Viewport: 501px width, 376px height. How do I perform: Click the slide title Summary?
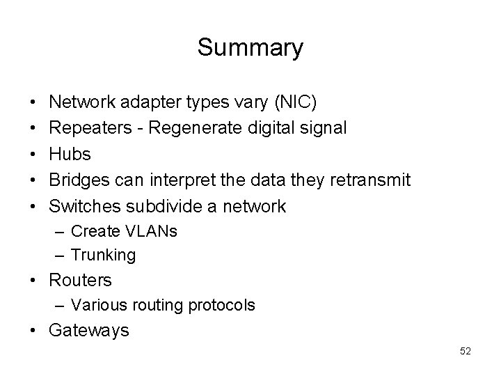[250, 48]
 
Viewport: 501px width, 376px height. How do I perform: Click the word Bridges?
[79, 180]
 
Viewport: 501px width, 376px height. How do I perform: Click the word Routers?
[80, 280]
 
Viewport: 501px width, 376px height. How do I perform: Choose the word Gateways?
[88, 330]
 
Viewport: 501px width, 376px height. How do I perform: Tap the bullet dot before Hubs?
[33, 155]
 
